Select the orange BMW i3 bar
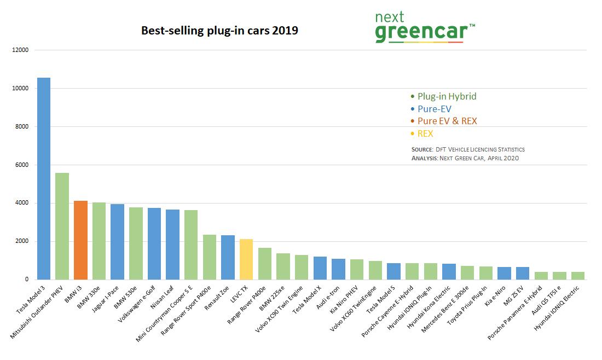(x=80, y=240)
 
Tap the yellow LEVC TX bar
(x=246, y=259)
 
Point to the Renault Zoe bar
(x=228, y=257)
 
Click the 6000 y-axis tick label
(x=21, y=165)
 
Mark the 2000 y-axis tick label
(x=21, y=242)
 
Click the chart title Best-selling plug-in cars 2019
(x=219, y=31)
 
